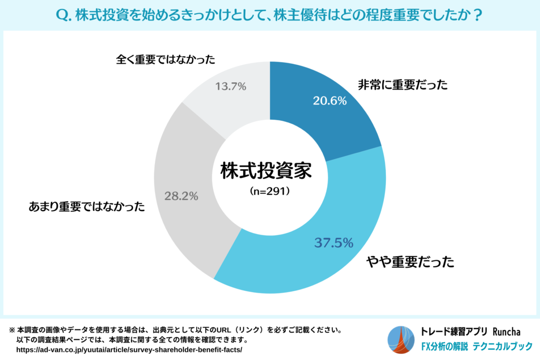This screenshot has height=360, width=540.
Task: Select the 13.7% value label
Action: click(x=230, y=86)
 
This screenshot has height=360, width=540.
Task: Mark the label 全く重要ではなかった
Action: click(x=166, y=60)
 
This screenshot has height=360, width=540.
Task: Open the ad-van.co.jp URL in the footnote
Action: click(x=129, y=349)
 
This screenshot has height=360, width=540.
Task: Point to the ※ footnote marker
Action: click(x=12, y=330)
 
